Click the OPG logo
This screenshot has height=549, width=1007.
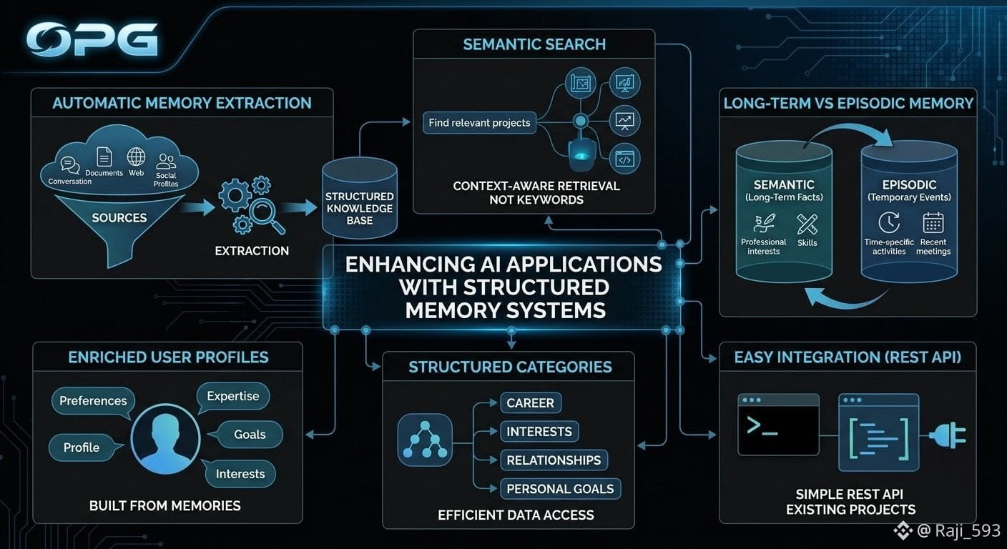click(x=92, y=39)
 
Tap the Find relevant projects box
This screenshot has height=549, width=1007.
click(x=479, y=123)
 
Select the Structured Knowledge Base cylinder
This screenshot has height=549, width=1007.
click(x=360, y=198)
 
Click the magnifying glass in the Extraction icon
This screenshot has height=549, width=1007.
click(x=267, y=216)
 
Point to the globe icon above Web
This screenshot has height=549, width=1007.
click(x=136, y=157)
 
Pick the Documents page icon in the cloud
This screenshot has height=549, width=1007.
click(x=104, y=157)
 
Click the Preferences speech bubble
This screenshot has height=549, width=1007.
click(x=93, y=402)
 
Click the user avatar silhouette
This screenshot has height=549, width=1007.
click(x=165, y=439)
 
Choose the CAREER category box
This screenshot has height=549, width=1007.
click(x=531, y=403)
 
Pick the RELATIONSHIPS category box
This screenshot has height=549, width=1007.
click(x=554, y=460)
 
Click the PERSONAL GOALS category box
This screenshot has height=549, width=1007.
click(x=560, y=489)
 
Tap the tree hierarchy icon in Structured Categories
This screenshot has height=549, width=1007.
click(x=425, y=440)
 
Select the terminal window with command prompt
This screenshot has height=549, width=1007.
click(x=778, y=425)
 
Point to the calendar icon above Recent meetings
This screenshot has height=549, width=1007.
click(x=933, y=222)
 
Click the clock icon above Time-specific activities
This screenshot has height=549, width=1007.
click(x=889, y=222)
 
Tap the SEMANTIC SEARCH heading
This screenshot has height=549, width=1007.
click(x=534, y=44)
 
